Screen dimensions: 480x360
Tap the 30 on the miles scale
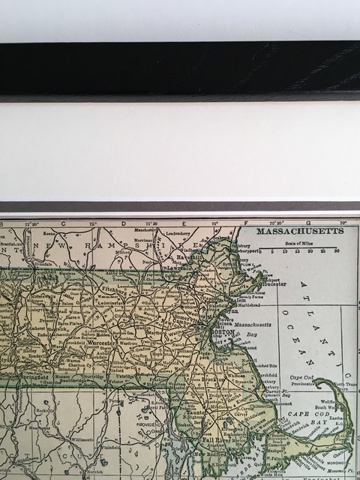pyautogui.click(x=337, y=250)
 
